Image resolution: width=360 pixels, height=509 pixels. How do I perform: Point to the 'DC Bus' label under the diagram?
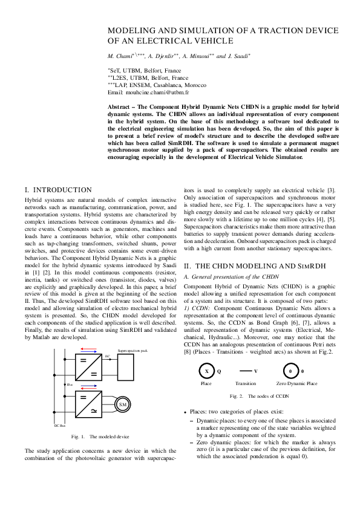(x=59, y=426)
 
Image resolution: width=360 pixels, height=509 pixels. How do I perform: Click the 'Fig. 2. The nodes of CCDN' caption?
(x=261, y=396)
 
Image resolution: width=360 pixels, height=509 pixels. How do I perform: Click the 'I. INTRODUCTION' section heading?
(x=58, y=190)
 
